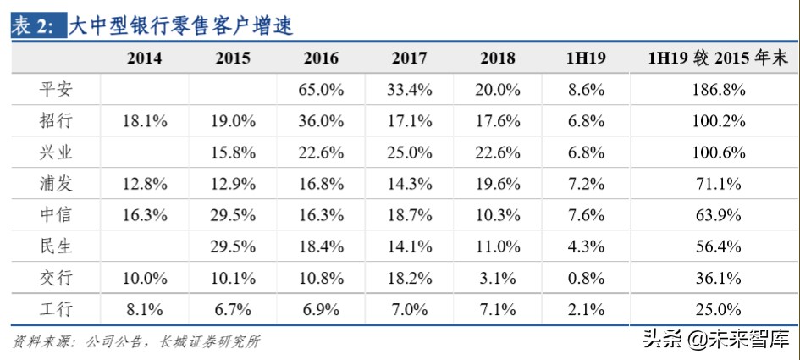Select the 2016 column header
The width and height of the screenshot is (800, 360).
(x=321, y=58)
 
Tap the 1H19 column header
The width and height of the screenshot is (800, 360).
(x=585, y=58)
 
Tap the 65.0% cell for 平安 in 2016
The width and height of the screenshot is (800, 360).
(x=321, y=89)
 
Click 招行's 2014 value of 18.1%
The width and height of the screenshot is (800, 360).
(x=145, y=120)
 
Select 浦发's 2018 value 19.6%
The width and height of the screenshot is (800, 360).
(x=498, y=184)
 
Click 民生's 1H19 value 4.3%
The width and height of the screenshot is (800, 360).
(x=585, y=246)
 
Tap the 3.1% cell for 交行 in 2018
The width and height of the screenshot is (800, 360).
(x=498, y=278)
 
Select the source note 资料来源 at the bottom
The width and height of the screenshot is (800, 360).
(x=135, y=341)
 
